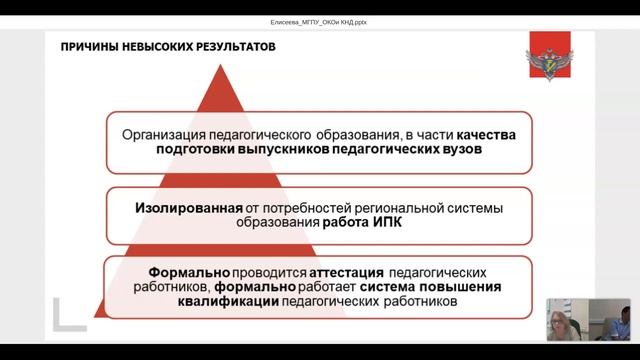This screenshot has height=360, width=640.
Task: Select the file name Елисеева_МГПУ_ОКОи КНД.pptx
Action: pos(320,20)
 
